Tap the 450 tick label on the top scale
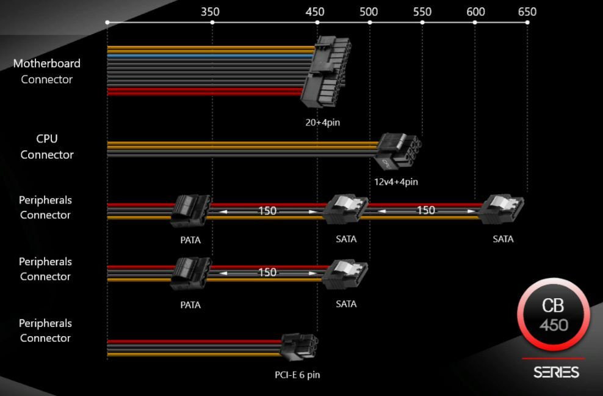(x=316, y=12)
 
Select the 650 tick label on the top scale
(x=527, y=12)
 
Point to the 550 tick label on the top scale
(x=422, y=12)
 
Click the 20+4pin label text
(x=322, y=122)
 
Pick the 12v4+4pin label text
(x=396, y=182)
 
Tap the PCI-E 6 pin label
(x=297, y=375)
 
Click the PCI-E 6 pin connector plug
(x=299, y=347)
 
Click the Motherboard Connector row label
(x=46, y=71)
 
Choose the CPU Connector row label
(x=46, y=147)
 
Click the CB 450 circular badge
(x=553, y=315)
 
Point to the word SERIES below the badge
(x=556, y=372)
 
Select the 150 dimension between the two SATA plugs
(x=425, y=210)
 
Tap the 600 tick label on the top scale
(x=475, y=12)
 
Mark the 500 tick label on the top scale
(x=369, y=12)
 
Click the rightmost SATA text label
(x=503, y=239)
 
